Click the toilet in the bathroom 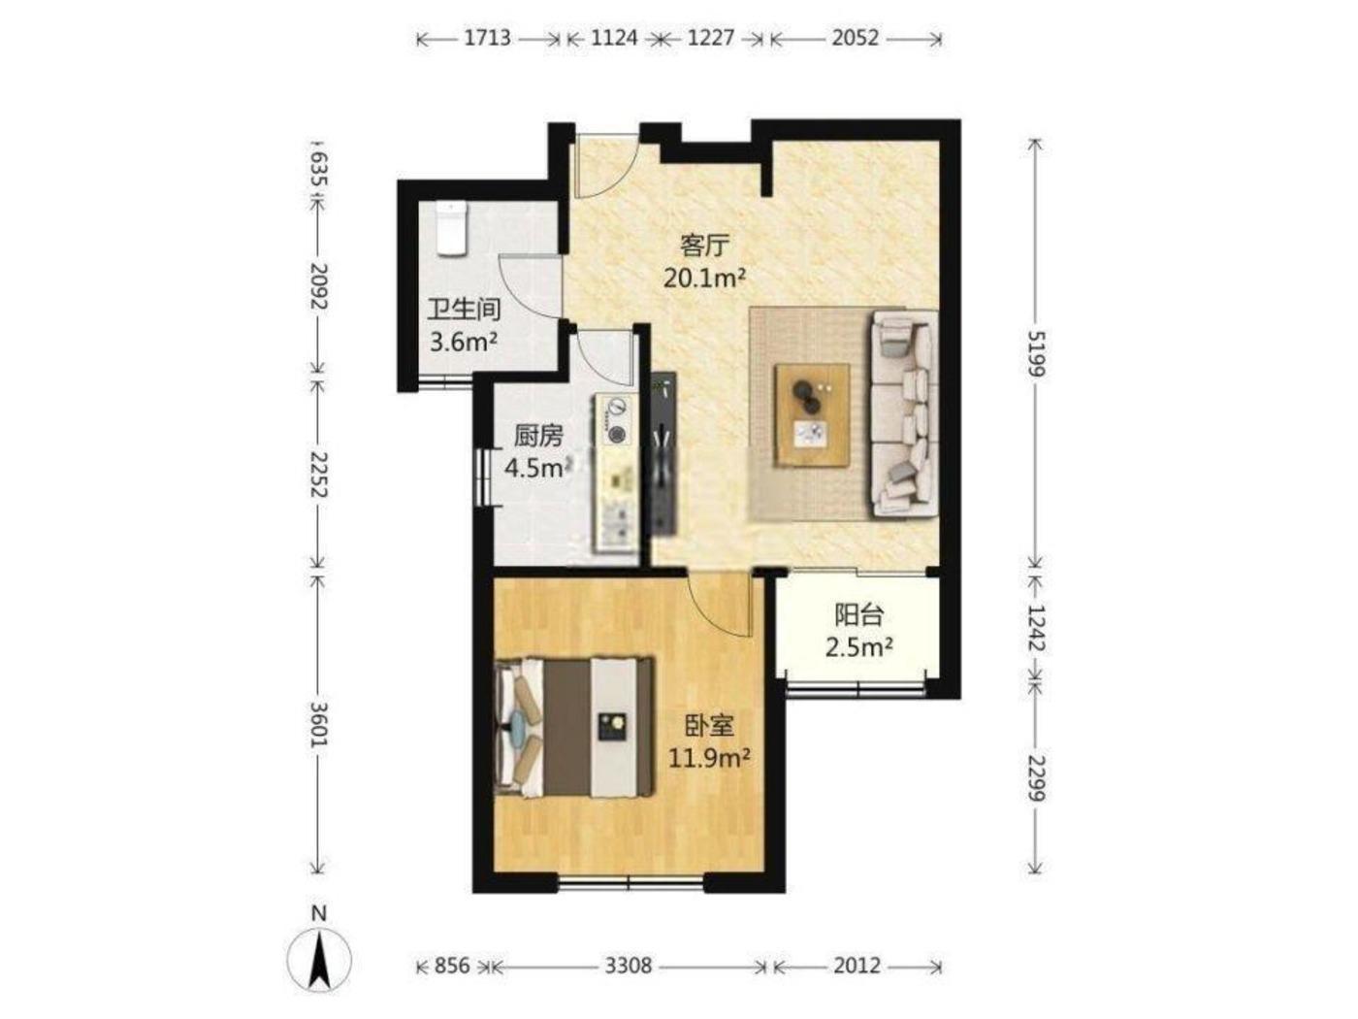click(x=451, y=228)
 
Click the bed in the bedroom click(x=575, y=728)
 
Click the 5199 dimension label click(x=1035, y=353)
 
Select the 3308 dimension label click(x=628, y=966)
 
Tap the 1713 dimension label click(x=488, y=38)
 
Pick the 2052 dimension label click(x=855, y=38)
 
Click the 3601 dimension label click(x=320, y=724)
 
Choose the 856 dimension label click(x=452, y=966)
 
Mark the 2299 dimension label click(x=1035, y=779)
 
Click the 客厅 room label click(x=704, y=246)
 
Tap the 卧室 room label click(x=709, y=725)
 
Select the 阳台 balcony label click(x=858, y=615)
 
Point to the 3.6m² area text click(x=464, y=342)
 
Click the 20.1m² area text click(x=704, y=279)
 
